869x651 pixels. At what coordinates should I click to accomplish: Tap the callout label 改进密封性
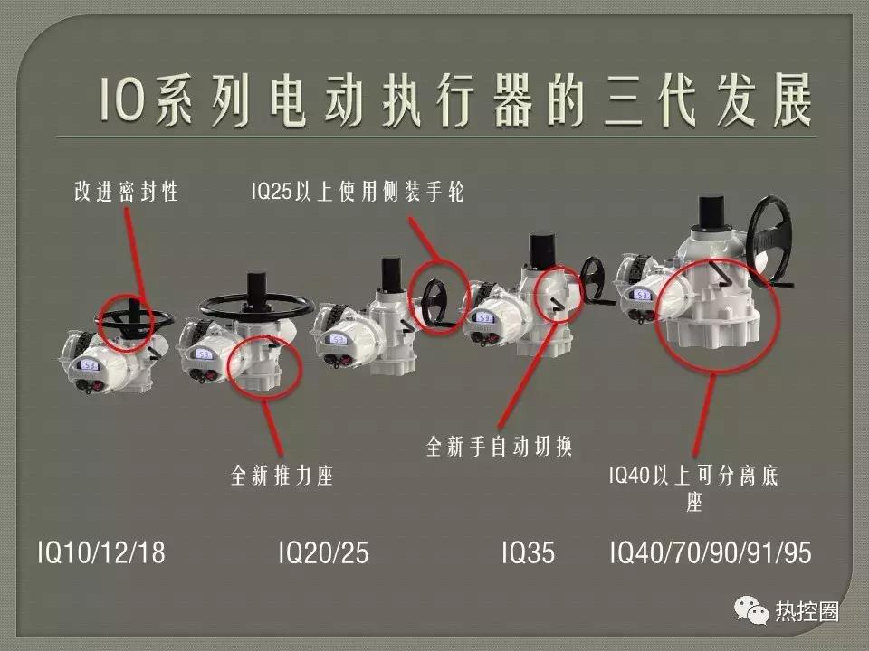pos(126,192)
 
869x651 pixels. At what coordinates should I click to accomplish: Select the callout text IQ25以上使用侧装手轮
pos(357,192)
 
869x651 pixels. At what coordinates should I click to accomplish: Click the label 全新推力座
pos(282,476)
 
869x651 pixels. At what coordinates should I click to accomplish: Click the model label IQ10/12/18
pos(101,552)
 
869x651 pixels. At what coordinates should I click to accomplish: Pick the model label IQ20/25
pos(323,552)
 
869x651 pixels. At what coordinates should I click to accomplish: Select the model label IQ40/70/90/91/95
pos(711,552)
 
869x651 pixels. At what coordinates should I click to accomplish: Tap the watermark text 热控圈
pos(807,611)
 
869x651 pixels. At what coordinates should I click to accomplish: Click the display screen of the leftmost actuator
pos(90,365)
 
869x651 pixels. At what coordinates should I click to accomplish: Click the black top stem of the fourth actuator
pos(541,250)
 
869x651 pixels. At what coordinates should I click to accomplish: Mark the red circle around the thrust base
pos(262,363)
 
